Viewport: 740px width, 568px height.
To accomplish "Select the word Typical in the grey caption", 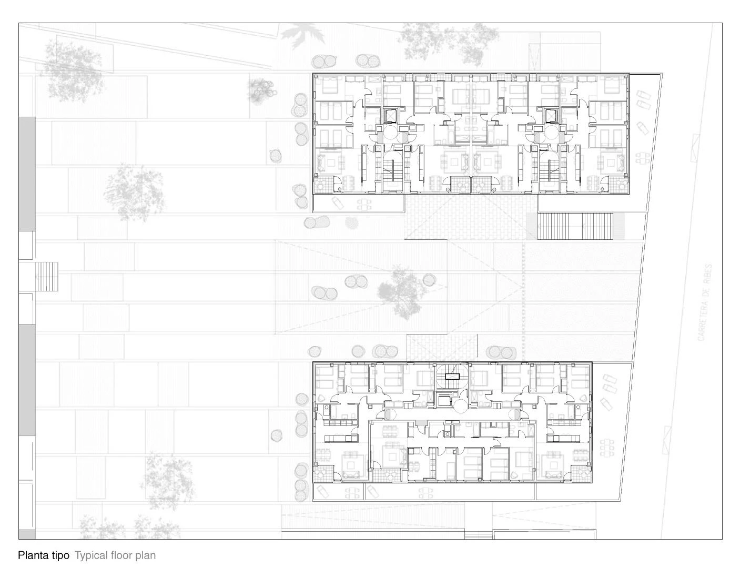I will coord(92,555).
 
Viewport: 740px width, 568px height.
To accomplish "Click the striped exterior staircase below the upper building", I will coord(575,226).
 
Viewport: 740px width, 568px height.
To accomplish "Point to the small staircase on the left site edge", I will coord(46,277).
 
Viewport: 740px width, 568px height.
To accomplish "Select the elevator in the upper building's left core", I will coord(391,115).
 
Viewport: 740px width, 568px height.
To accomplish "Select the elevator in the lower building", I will coord(445,401).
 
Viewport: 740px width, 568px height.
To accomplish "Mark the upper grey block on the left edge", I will coord(27,174).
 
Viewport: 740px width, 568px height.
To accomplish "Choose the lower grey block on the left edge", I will coord(27,380).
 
